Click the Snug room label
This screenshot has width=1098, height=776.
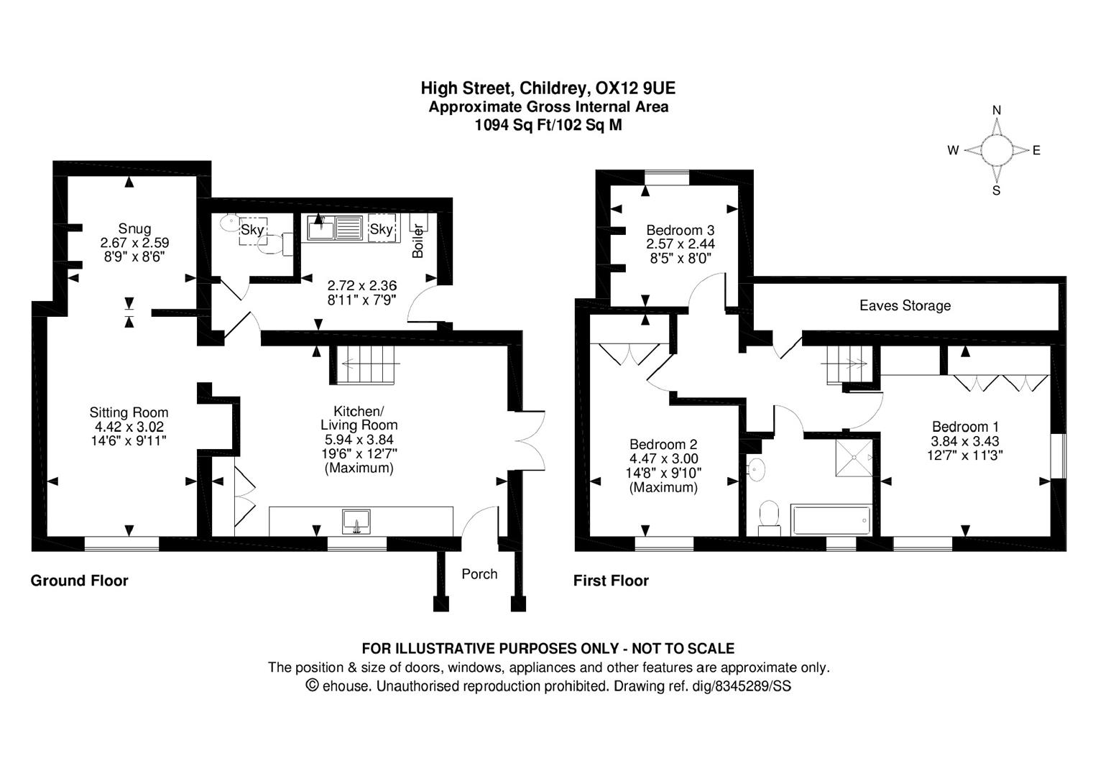click(134, 229)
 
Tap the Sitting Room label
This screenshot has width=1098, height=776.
click(129, 412)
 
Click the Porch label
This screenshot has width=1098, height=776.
click(479, 574)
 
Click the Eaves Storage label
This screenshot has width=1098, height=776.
click(905, 306)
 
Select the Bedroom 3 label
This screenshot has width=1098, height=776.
click(680, 231)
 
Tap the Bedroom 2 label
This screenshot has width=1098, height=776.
click(663, 445)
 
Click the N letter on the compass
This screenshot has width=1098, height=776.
click(997, 110)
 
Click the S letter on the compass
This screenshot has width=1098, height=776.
click(996, 191)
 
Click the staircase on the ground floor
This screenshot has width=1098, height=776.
click(366, 365)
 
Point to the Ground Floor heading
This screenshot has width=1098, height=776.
click(79, 581)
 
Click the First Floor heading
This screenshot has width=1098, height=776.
click(611, 581)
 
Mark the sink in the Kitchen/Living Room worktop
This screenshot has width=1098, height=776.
click(356, 521)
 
